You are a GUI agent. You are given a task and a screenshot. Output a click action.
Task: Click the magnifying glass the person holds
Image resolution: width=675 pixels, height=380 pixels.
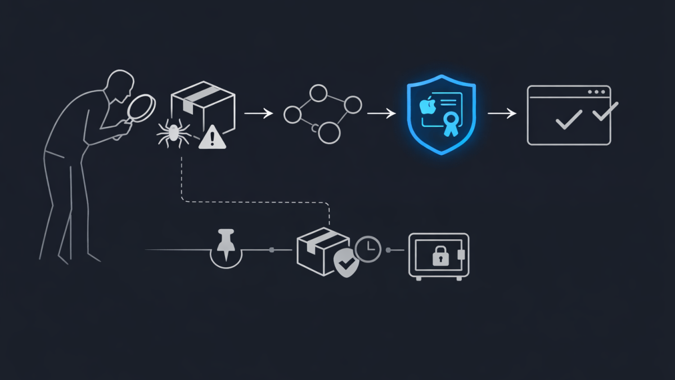[141, 107]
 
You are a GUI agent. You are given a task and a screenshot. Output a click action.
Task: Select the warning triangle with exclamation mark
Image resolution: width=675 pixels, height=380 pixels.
[212, 137]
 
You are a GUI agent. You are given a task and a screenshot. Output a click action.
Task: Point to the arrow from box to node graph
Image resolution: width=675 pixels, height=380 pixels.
[259, 114]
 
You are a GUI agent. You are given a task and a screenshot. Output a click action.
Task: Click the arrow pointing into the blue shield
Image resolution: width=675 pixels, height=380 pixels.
[381, 114]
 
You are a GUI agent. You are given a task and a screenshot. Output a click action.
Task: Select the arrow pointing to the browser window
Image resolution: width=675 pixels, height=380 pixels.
[502, 114]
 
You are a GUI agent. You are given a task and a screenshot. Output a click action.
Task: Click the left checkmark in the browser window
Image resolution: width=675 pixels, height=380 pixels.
[568, 119]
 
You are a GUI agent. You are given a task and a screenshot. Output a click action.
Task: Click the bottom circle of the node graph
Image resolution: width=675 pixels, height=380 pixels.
[330, 133]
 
